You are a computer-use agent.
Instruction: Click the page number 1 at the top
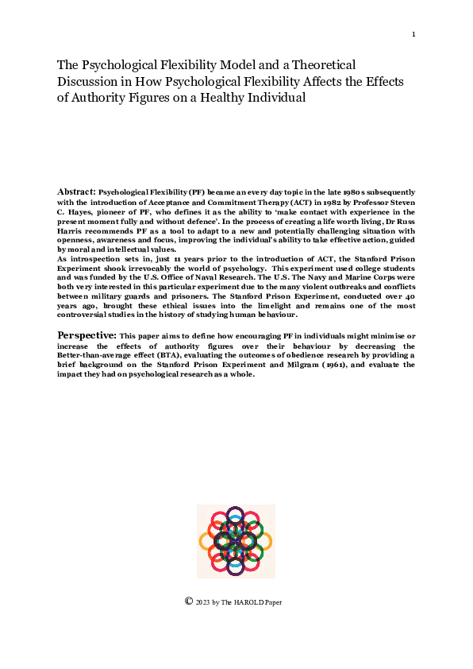413,34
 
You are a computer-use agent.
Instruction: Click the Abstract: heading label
76,192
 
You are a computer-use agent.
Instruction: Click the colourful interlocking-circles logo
236,541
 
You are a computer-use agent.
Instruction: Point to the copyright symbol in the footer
189,601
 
